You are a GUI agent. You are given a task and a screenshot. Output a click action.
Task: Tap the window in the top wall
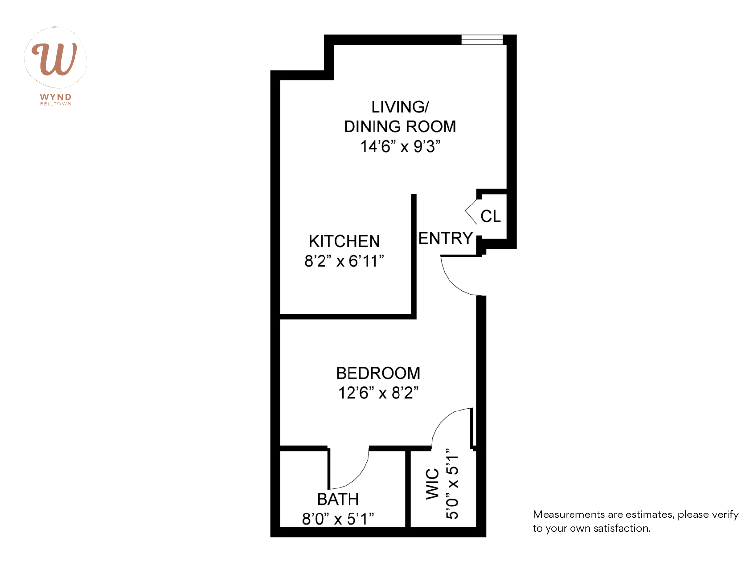(482, 40)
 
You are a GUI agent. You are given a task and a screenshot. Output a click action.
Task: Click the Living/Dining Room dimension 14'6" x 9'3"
(400, 147)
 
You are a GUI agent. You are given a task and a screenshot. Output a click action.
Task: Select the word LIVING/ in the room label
(400, 107)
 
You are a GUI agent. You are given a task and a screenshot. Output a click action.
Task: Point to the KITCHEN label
(344, 241)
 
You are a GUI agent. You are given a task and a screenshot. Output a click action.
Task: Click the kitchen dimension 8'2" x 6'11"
(344, 261)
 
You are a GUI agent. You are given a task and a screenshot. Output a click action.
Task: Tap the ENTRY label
(445, 238)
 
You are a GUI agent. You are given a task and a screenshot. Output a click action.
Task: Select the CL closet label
(491, 216)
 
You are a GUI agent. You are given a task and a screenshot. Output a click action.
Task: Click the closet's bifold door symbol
(471, 211)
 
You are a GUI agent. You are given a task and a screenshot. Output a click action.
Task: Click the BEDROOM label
(378, 373)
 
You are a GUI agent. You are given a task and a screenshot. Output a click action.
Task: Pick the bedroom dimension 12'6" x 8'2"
(378, 393)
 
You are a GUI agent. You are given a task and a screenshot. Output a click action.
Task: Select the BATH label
(338, 499)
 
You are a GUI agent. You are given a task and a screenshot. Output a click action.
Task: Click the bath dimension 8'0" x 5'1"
(338, 519)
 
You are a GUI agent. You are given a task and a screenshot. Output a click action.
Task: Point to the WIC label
(432, 484)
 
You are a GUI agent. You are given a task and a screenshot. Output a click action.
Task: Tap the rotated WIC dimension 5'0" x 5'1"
(452, 484)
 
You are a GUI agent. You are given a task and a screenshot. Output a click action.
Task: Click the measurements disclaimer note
(635, 521)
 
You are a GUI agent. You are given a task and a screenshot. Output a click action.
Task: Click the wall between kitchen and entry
(414, 255)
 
